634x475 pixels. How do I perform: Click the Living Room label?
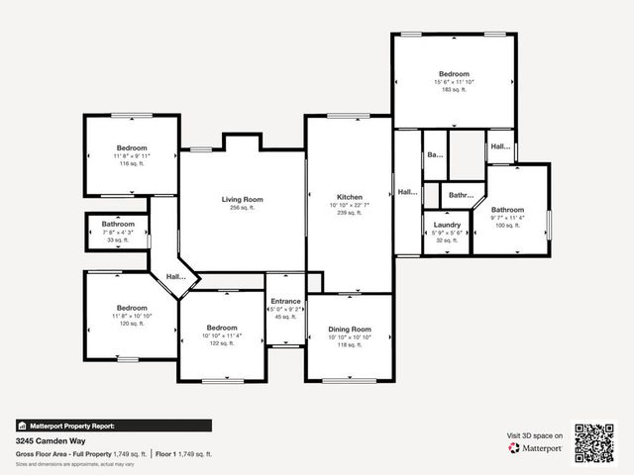coord(242,199)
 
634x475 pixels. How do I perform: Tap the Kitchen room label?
coord(349,197)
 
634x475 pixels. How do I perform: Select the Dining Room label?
coord(349,329)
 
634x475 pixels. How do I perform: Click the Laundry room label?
coord(447,225)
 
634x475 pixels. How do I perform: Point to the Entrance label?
coord(285,301)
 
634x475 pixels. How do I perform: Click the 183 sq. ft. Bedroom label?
coord(454,73)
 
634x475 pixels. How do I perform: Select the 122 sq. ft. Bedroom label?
coord(222,328)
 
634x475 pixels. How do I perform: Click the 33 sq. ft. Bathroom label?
coord(118,224)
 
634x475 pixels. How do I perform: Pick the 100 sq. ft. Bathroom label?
coord(508,210)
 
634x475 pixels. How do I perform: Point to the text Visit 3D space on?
coord(535,434)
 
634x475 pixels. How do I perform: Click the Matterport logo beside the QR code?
coord(535,448)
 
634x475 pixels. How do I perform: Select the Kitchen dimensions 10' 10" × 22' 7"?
coord(349,205)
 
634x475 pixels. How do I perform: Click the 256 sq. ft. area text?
coord(242,208)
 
